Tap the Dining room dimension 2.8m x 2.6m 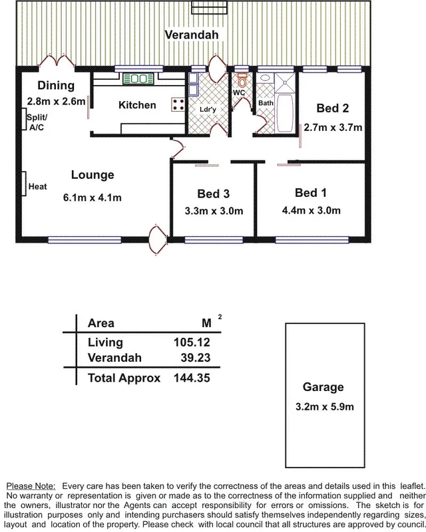click(x=57, y=102)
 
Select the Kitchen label click(x=137, y=105)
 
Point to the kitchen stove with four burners click(x=178, y=104)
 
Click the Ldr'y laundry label click(x=208, y=109)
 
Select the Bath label click(x=266, y=103)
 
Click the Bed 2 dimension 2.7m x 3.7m click(x=333, y=128)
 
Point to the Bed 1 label click(x=311, y=193)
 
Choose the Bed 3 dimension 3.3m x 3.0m click(x=214, y=212)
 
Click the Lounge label click(x=93, y=176)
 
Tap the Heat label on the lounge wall click(x=37, y=187)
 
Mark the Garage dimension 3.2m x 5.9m click(x=323, y=406)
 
